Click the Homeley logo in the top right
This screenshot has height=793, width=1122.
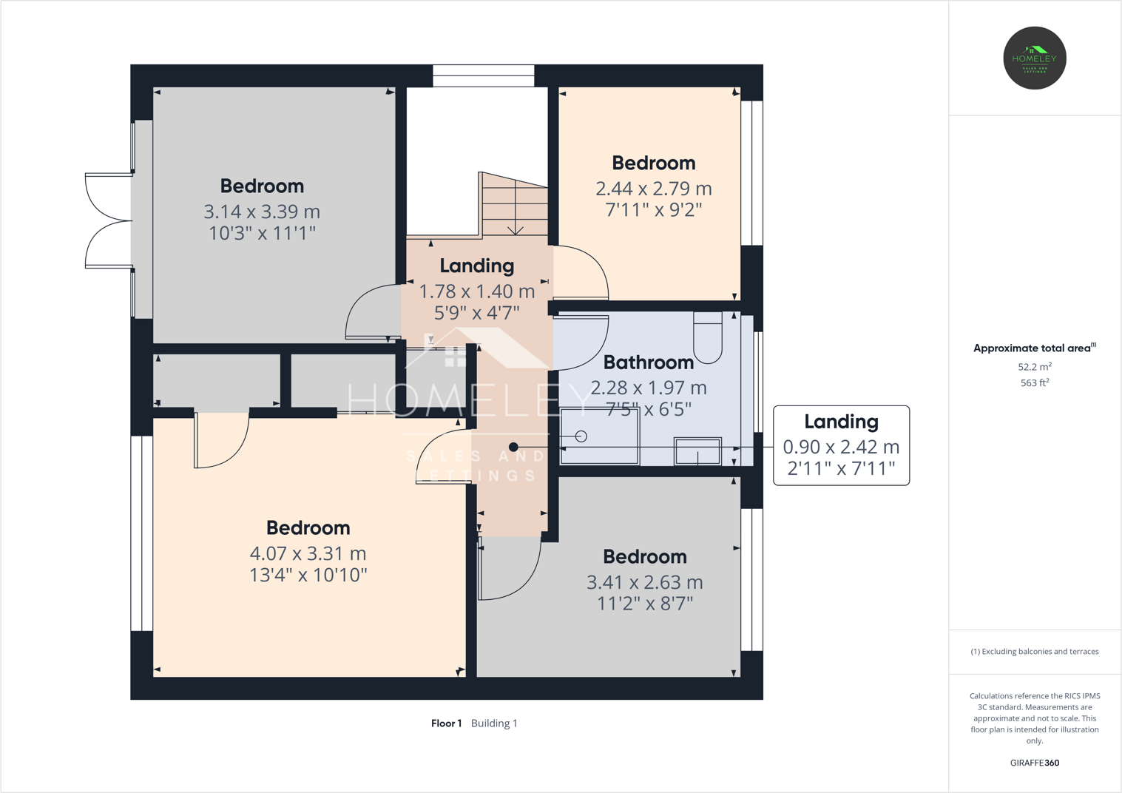coord(1034,58)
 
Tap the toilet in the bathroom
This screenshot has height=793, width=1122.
coord(708,337)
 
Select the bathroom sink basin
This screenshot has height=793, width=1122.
coord(697,451)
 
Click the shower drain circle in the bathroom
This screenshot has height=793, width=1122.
coord(581,436)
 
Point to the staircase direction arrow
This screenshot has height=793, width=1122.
coord(516,230)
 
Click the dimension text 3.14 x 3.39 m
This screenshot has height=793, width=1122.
coord(262,212)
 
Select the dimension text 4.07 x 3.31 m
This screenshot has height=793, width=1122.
coord(308,553)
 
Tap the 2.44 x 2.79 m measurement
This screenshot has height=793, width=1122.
coord(653,189)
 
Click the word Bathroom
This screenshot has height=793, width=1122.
coord(648,362)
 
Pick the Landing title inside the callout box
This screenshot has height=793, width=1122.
coord(841,422)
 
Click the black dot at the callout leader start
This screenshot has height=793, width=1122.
coord(513,448)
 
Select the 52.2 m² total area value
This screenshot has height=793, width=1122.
coord(1034,367)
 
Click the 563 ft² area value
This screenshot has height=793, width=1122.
coord(1034,383)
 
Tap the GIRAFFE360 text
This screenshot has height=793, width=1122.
coord(1034,763)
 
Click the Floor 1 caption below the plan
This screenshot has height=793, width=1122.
coord(446,723)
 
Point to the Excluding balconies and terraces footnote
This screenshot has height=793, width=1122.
coord(1034,652)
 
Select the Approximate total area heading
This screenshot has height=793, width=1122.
coord(1033,348)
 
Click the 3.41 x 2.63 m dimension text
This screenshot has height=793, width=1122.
coord(644,582)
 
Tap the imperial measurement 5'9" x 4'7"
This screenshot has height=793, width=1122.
coord(476,313)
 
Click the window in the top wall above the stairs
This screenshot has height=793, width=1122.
coord(483,75)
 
